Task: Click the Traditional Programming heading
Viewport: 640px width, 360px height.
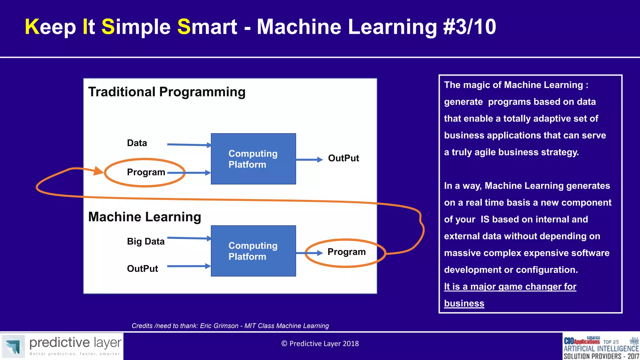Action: point(167,92)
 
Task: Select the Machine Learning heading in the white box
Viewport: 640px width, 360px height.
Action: point(144,217)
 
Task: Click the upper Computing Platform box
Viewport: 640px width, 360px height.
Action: point(253,159)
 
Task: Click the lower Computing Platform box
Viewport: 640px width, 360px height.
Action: point(253,251)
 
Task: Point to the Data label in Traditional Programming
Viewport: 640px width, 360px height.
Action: point(137,143)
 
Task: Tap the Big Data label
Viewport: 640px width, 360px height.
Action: point(146,241)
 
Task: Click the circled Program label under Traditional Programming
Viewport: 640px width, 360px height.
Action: point(146,172)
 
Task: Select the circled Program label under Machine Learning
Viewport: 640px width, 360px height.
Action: point(346,252)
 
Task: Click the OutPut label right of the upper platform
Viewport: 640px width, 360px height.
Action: point(343,158)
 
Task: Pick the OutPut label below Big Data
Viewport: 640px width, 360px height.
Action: point(142,269)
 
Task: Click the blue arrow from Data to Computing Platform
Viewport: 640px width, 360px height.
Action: point(189,144)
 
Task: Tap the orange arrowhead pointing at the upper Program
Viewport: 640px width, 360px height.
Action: point(98,171)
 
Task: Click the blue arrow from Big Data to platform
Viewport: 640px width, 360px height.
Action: point(189,238)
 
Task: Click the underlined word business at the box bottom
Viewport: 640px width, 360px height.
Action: point(464,303)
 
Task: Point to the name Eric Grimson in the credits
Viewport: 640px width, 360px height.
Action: point(219,326)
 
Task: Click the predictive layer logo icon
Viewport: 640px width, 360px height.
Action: point(13,346)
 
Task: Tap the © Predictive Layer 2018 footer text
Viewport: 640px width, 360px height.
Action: point(320,344)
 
